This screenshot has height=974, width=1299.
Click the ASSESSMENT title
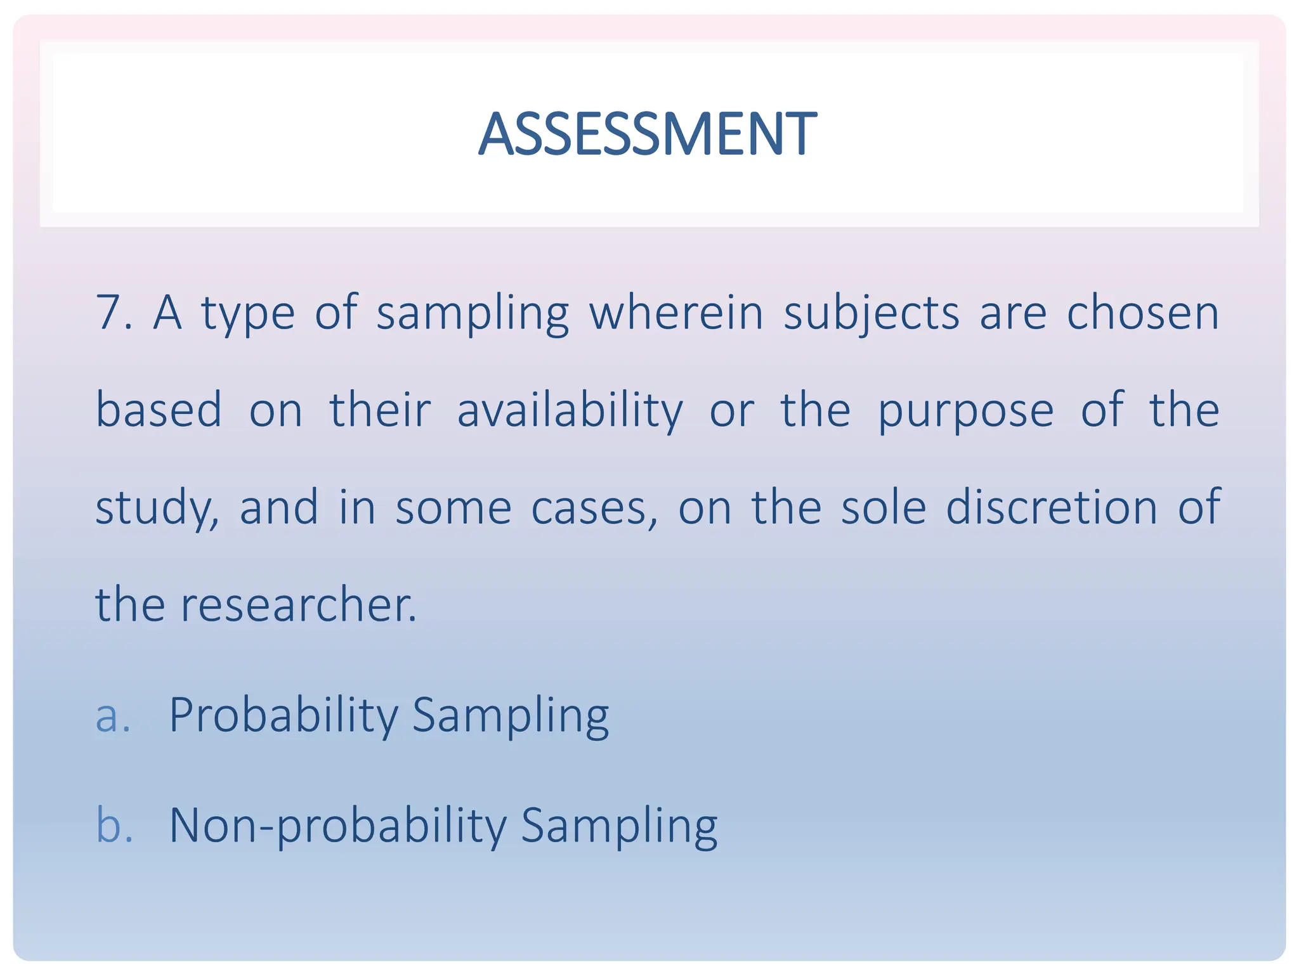tap(648, 134)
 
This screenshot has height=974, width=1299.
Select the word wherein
tap(676, 313)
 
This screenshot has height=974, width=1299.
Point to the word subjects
tap(871, 314)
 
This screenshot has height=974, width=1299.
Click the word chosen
tap(1143, 313)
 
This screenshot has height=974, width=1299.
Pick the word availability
tap(570, 411)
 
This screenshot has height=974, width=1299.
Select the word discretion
tap(1052, 507)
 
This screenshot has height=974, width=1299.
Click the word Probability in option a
tap(283, 715)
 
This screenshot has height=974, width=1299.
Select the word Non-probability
tap(337, 826)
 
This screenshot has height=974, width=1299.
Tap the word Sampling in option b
tap(619, 826)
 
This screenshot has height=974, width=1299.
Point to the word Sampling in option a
tap(511, 715)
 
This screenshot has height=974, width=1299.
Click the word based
tap(159, 410)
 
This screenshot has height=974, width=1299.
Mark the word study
tap(156, 509)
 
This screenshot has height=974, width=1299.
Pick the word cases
tap(594, 509)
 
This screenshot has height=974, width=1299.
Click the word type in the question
tap(248, 314)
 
